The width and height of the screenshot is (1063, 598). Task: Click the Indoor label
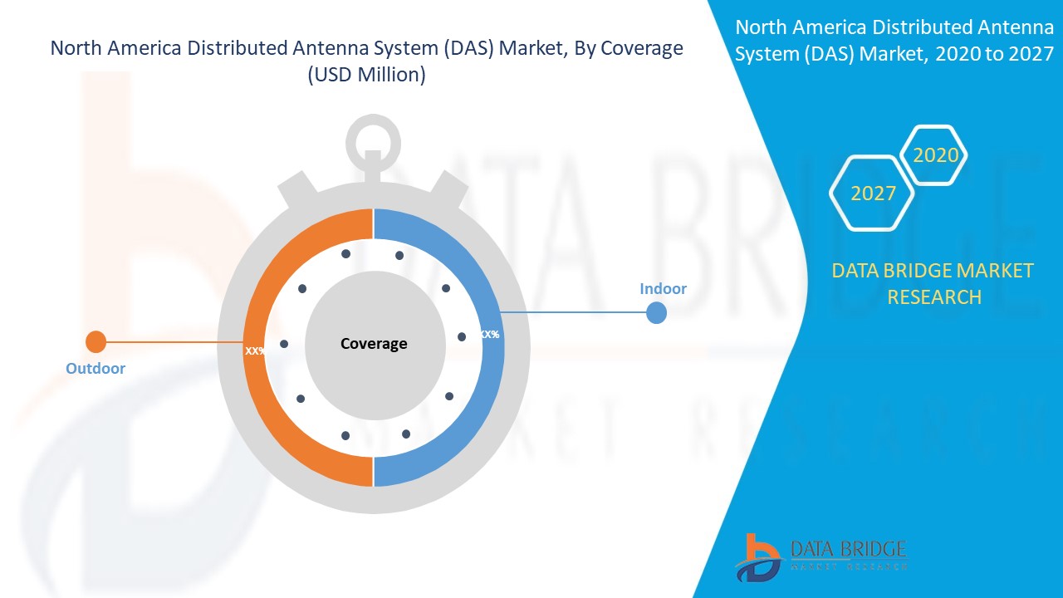(x=663, y=288)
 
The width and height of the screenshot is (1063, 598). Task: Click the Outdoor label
(x=96, y=368)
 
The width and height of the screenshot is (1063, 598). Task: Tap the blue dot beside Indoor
(x=656, y=313)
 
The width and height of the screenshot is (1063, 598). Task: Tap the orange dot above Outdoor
(x=96, y=341)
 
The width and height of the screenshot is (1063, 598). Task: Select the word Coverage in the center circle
(x=374, y=344)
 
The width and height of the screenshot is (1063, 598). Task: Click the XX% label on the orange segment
(x=255, y=351)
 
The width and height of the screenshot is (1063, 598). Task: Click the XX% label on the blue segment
(x=490, y=335)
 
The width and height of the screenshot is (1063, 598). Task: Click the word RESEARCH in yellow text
(x=934, y=297)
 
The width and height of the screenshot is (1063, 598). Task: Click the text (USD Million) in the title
(x=366, y=75)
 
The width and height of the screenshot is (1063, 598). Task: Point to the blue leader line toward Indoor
(x=573, y=313)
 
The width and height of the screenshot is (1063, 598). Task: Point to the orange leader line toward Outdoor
(x=174, y=341)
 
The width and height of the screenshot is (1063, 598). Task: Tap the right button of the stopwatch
(x=448, y=190)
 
